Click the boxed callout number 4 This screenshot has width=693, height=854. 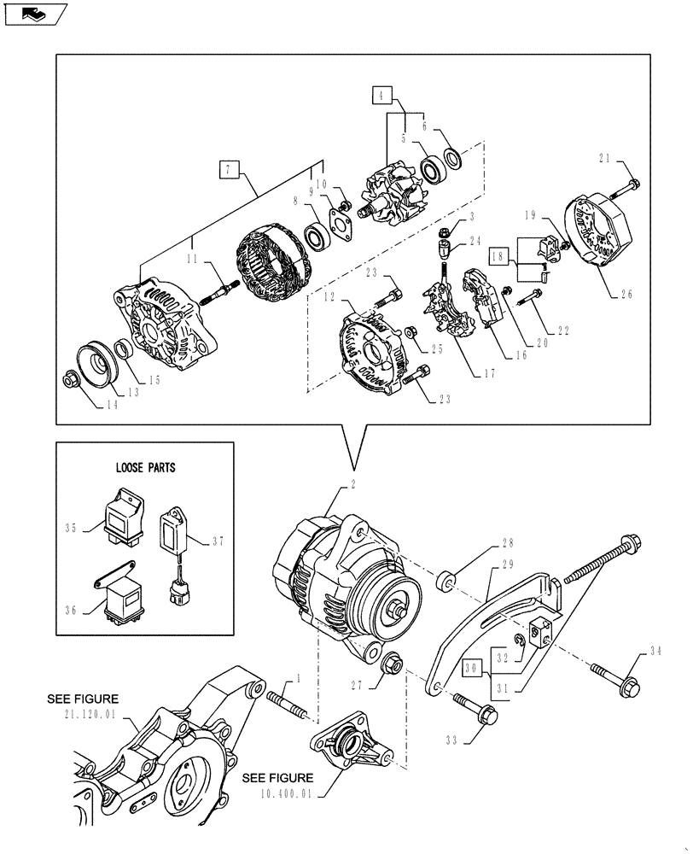click(381, 94)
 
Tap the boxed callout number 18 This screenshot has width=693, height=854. click(499, 255)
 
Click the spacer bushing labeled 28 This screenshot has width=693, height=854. click(445, 582)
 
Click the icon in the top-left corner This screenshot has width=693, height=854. click(33, 14)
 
